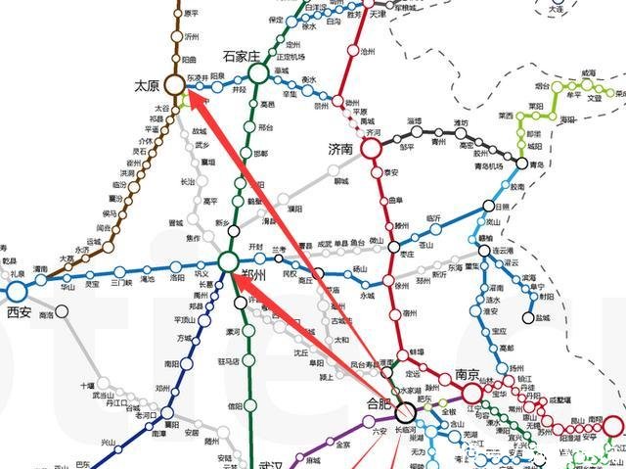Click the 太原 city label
click(x=147, y=86)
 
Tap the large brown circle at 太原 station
click(x=175, y=85)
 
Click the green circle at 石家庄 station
click(x=258, y=72)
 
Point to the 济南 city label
click(x=344, y=149)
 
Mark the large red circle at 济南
click(x=371, y=148)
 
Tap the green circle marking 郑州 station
click(x=228, y=261)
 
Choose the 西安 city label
click(x=20, y=312)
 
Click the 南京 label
click(x=468, y=374)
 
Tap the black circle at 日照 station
click(x=489, y=207)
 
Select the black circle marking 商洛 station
click(x=62, y=312)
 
